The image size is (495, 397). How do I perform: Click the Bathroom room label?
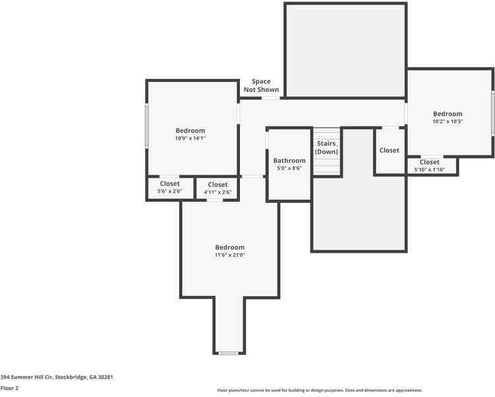[289, 161]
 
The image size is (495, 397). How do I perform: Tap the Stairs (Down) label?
[326, 148]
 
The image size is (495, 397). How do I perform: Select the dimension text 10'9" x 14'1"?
[190, 138]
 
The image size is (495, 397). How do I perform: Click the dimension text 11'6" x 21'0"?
[229, 255]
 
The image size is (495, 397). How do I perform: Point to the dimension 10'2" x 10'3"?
[447, 122]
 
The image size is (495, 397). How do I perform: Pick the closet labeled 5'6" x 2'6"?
[170, 187]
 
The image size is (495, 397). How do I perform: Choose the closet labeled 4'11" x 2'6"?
[217, 189]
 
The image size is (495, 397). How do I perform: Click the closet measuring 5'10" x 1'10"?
[430, 165]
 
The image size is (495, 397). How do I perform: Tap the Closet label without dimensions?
[389, 150]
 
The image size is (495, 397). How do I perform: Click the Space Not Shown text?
[261, 85]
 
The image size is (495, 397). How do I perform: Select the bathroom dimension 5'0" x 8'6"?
[289, 169]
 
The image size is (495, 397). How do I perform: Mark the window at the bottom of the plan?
[229, 353]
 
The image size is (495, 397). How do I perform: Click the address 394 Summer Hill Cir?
[57, 377]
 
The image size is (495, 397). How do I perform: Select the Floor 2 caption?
[9, 388]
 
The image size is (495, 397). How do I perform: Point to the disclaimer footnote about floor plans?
[319, 390]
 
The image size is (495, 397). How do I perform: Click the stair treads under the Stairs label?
[326, 166]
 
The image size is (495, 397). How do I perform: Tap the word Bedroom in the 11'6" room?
[229, 247]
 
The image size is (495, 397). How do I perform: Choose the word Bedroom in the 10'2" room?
[447, 114]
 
